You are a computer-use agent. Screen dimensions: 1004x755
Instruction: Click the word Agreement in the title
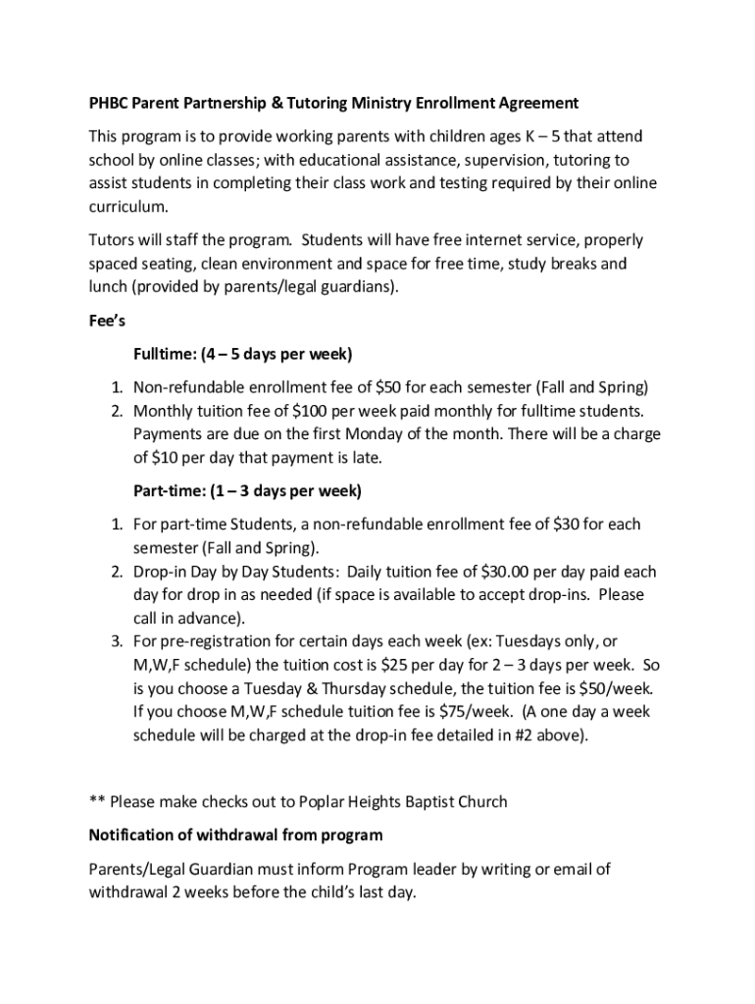(535, 103)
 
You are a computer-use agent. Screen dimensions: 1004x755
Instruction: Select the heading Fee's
(108, 321)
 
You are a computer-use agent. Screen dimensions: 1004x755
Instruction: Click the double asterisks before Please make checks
(96, 802)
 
